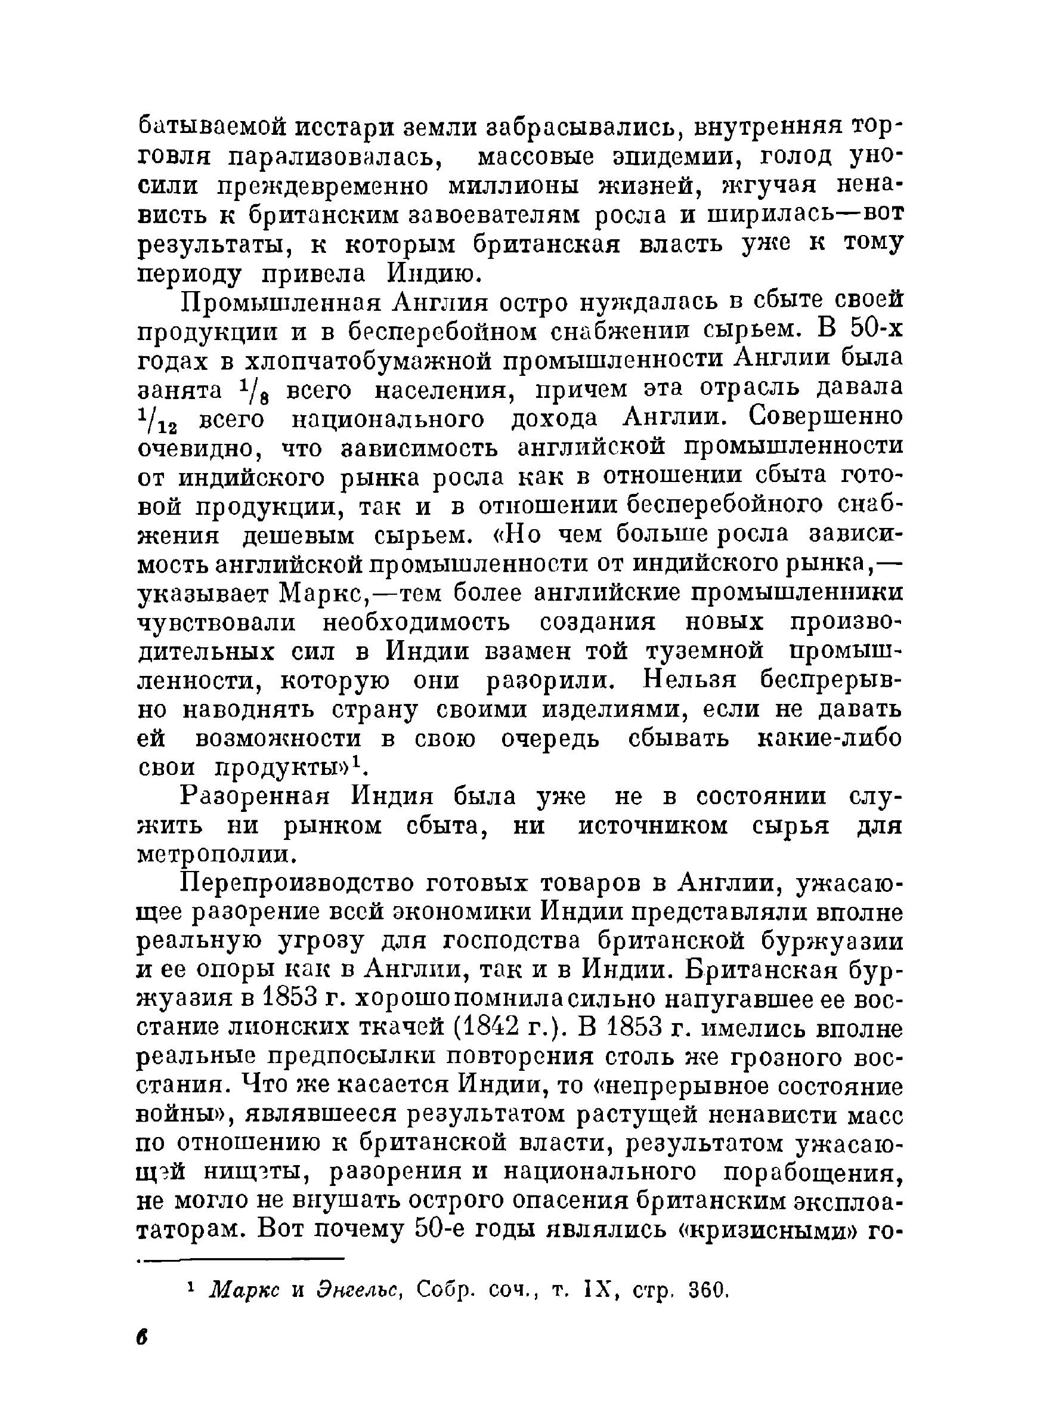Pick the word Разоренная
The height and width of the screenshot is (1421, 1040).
(x=255, y=796)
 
